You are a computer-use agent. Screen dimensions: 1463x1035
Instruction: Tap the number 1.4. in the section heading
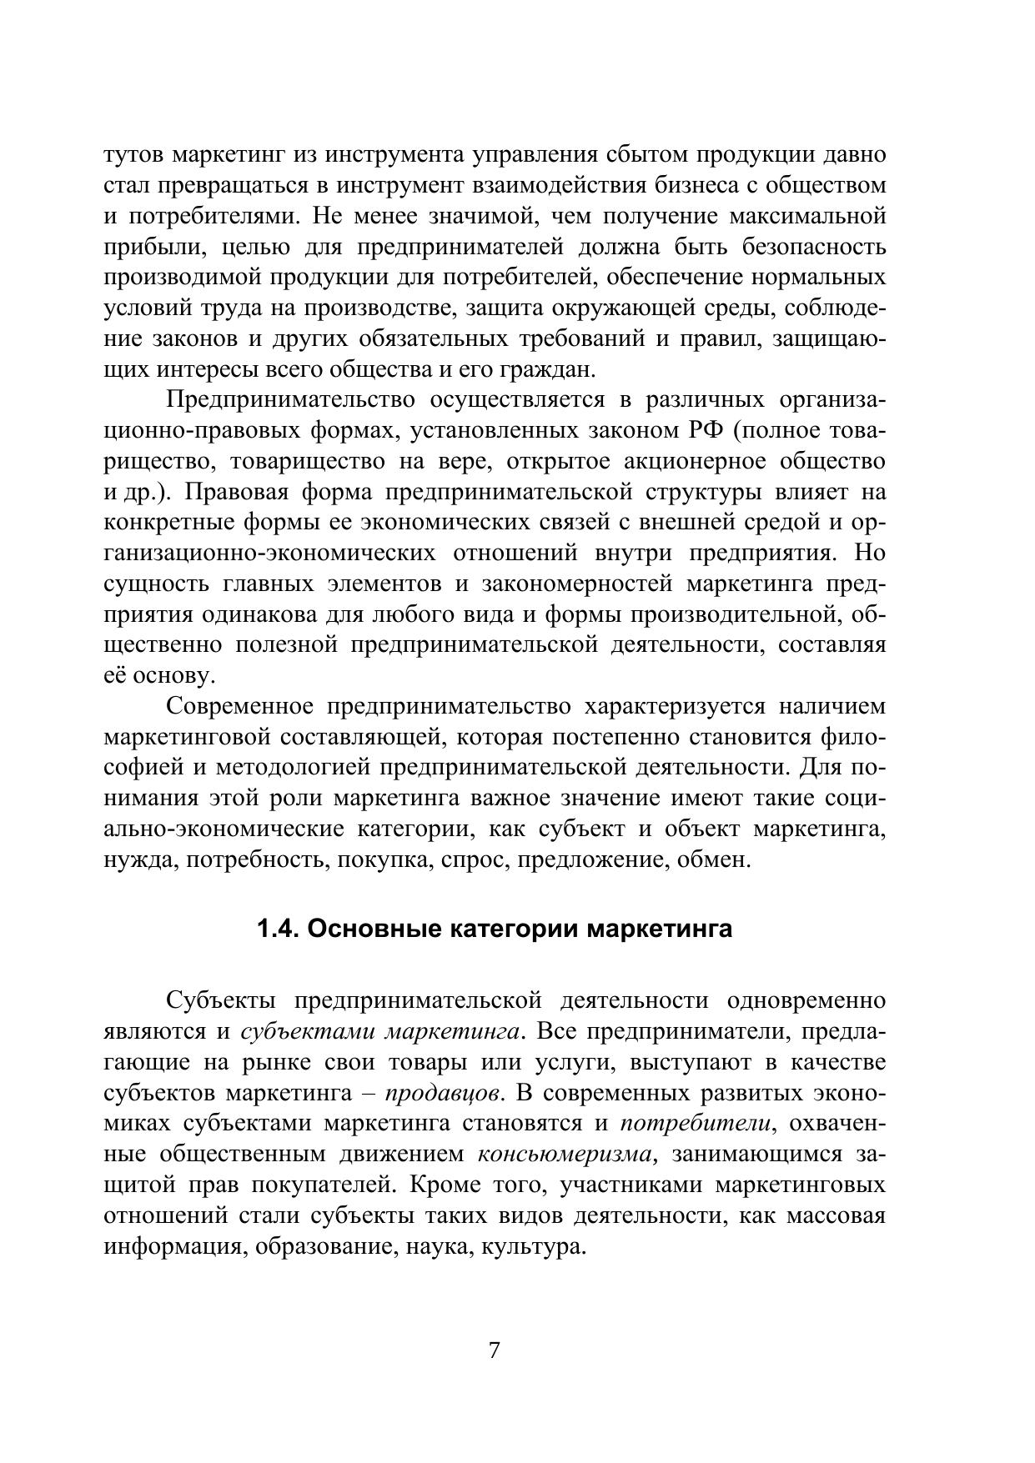pyautogui.click(x=279, y=929)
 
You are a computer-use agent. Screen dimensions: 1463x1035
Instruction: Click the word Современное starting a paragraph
pyautogui.click(x=239, y=707)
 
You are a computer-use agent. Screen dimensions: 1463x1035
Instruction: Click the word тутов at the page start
pyautogui.click(x=133, y=155)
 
